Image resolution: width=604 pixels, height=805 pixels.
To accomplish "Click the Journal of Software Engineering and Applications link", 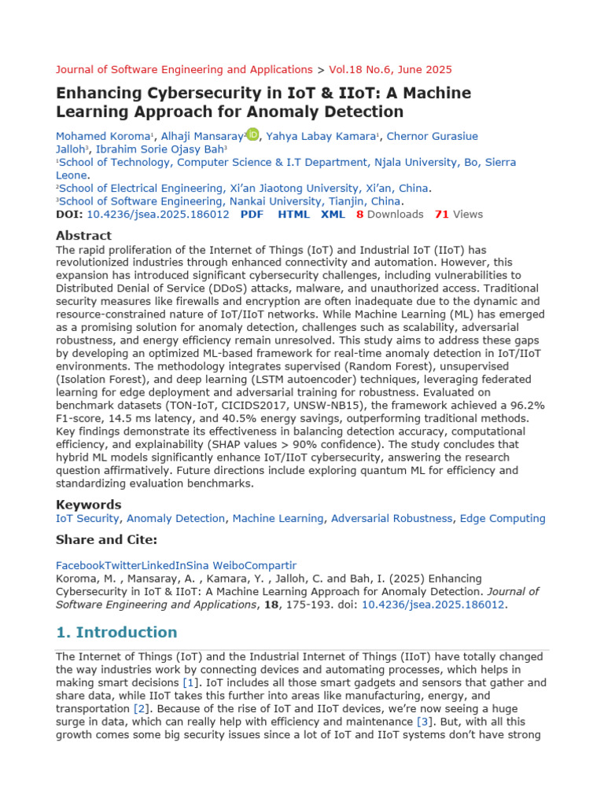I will [184, 69].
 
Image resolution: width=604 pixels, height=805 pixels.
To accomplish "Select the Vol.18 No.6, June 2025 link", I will [390, 69].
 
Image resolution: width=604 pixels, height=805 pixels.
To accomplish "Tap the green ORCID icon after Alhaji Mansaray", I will [252, 134].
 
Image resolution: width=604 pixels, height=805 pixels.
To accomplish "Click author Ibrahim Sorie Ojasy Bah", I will [160, 149].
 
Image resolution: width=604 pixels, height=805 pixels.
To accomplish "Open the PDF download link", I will [252, 214].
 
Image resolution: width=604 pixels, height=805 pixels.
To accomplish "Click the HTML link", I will [294, 214].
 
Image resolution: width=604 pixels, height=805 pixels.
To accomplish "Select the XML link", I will [333, 214].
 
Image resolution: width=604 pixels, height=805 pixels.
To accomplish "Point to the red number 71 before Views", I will [441, 214].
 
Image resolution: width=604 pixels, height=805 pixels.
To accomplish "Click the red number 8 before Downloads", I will [359, 214].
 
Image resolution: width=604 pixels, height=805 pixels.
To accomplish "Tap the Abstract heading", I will [83, 235].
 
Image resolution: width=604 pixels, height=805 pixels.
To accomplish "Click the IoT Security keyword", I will [87, 518].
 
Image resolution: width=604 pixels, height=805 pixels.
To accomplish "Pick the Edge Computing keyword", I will [502, 518].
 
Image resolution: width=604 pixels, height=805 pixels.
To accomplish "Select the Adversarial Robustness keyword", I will [392, 518].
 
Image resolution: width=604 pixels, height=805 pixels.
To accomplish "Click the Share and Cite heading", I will [106, 539].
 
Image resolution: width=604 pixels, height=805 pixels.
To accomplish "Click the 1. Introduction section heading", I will [116, 632].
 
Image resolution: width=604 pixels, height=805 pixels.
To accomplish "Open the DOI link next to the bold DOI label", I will [158, 214].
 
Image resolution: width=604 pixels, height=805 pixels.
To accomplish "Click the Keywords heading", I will [88, 504].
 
